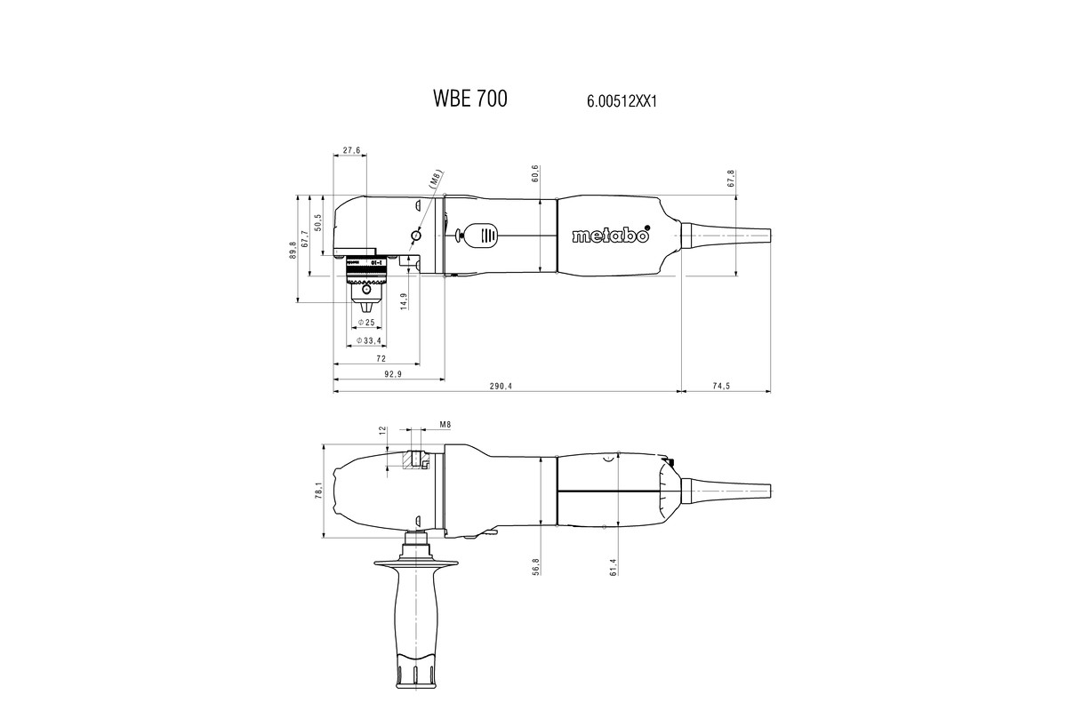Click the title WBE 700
(470, 99)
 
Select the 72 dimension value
(381, 358)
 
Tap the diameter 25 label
(365, 322)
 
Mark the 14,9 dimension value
(404, 301)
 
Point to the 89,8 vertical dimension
(292, 250)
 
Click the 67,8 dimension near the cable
(731, 178)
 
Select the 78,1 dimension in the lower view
(318, 491)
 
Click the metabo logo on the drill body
(611, 236)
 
